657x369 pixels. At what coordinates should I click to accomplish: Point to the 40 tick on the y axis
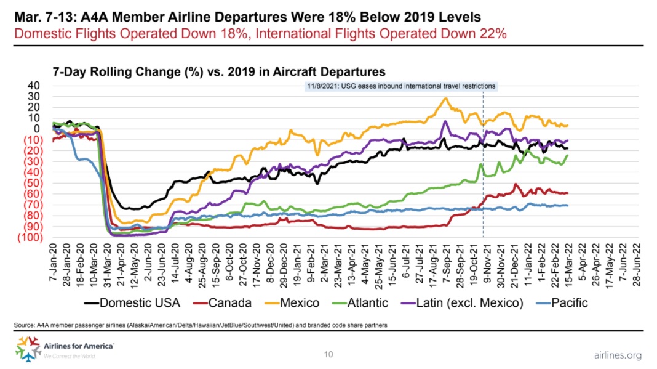coord(34,86)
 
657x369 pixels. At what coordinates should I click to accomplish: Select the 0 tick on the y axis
coord(37,129)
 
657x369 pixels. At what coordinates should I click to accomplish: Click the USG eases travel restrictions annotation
coord(400,86)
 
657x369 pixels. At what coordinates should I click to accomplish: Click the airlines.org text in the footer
coord(618,355)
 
